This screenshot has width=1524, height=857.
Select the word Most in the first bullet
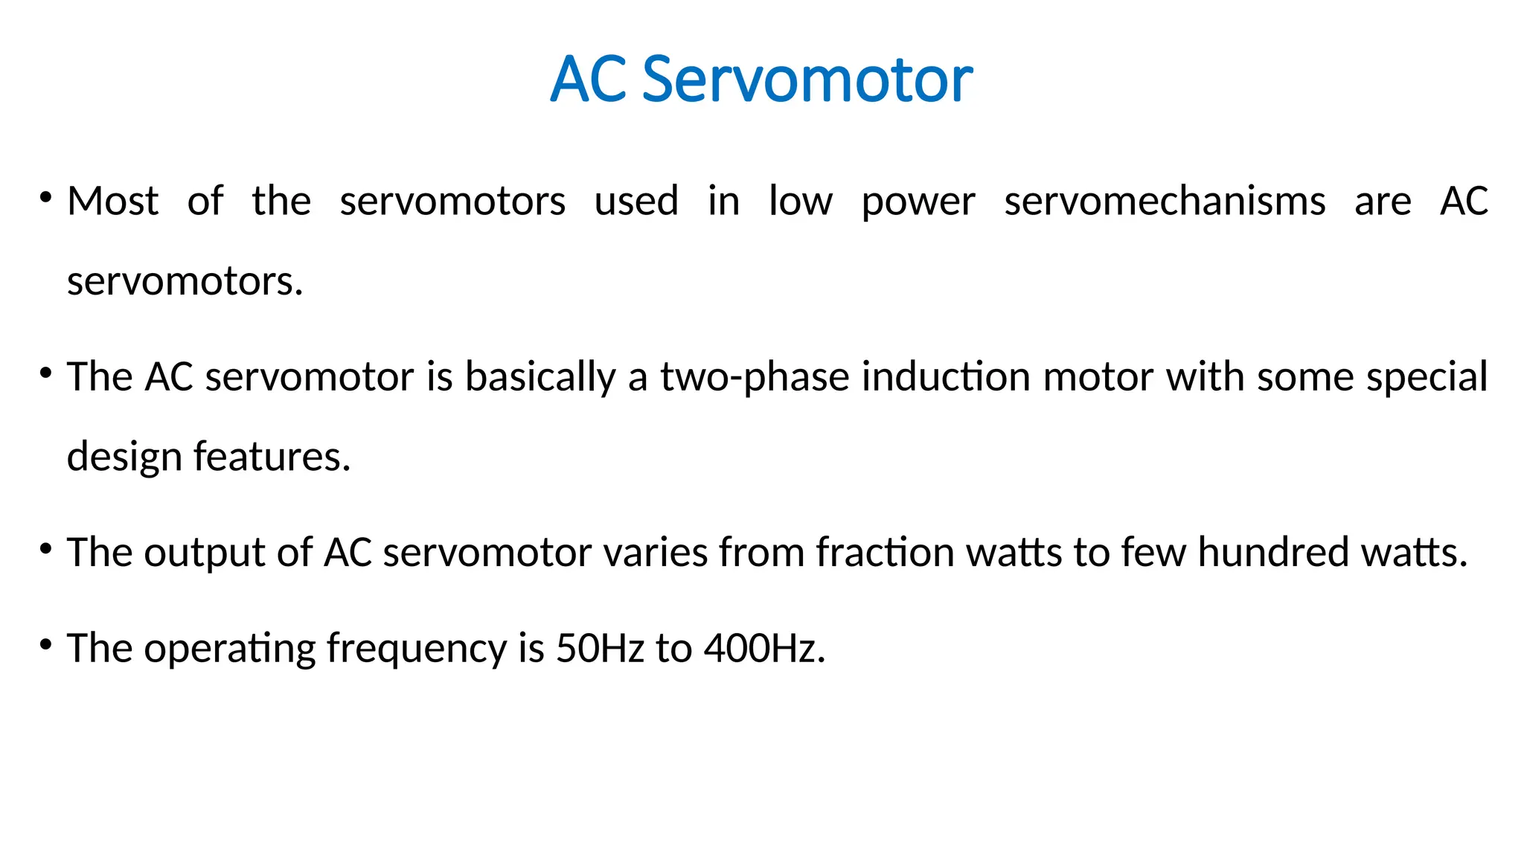[x=113, y=201]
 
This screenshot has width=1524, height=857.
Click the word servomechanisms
[x=1165, y=201]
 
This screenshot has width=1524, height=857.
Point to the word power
[x=918, y=202]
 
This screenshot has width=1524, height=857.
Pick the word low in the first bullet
[x=801, y=201]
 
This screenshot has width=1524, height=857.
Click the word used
[x=636, y=201]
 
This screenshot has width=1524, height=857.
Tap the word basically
[x=541, y=377]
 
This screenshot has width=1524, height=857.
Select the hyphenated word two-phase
[x=755, y=377]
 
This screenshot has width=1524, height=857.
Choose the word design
[x=124, y=457]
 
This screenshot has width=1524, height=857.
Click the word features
[x=272, y=456]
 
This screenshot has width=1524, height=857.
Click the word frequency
[x=417, y=649]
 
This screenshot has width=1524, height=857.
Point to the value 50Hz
[x=600, y=648]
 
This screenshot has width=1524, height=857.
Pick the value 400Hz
[x=764, y=648]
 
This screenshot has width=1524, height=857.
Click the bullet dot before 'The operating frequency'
[x=46, y=644]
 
